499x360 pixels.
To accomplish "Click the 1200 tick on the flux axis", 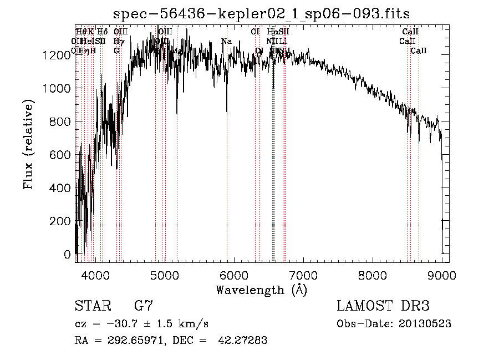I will pos(58,55).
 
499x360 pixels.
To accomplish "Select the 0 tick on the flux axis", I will pos(68,255).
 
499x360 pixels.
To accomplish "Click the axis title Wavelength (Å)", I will pos(261,290).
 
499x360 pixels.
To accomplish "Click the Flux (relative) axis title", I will pos(28,144).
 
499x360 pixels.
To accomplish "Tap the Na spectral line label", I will pos(226,42).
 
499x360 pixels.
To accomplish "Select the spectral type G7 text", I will pos(144,306).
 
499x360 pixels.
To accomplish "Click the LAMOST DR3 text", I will pos(383,306).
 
